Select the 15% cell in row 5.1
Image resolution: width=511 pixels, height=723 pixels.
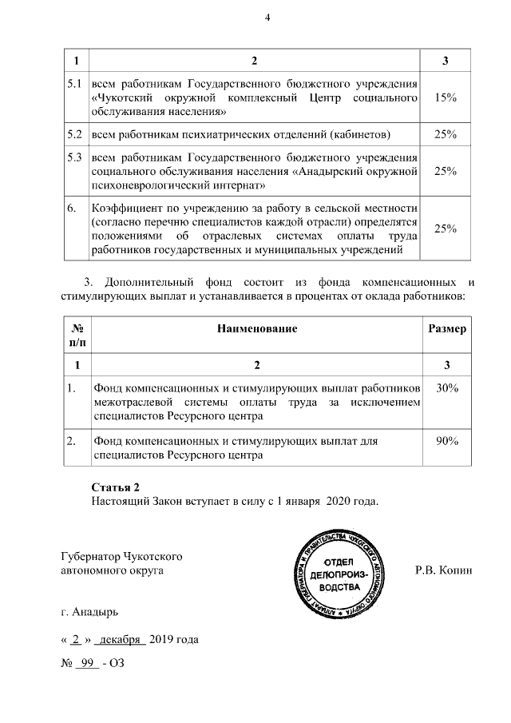[445, 97]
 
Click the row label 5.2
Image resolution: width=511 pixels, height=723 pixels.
[75, 134]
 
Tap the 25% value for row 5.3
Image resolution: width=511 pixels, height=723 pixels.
[445, 171]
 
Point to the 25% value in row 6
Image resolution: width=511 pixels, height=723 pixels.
[445, 229]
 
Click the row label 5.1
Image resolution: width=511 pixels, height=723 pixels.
[75, 84]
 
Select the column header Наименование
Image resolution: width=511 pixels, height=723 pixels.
[256, 328]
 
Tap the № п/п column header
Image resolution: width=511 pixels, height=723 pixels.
[78, 336]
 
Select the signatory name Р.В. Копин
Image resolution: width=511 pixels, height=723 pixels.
[444, 571]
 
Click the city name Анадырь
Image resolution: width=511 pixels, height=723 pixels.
[96, 613]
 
